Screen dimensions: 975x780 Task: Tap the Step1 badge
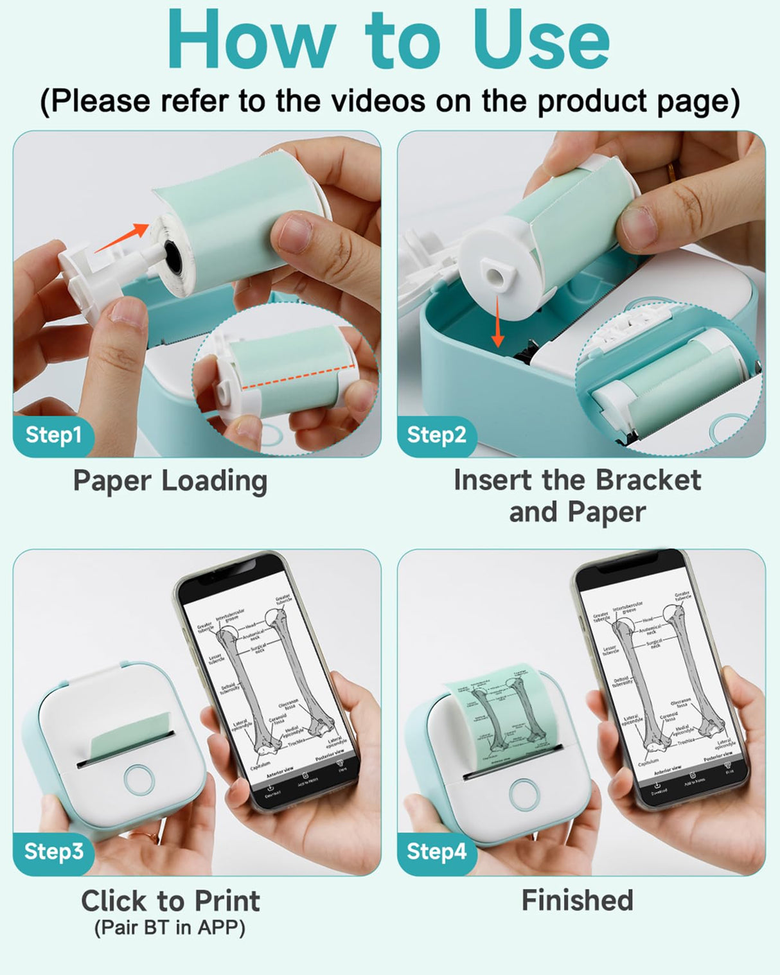point(53,435)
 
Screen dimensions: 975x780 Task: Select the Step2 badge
point(436,435)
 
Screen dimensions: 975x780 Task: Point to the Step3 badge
point(53,851)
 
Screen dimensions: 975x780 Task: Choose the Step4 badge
point(436,851)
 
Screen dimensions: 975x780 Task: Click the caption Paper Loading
point(170,481)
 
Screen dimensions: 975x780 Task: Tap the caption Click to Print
point(170,900)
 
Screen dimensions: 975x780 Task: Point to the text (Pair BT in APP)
point(170,927)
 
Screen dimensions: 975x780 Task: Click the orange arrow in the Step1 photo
point(122,238)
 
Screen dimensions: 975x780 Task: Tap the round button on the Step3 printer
point(139,779)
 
